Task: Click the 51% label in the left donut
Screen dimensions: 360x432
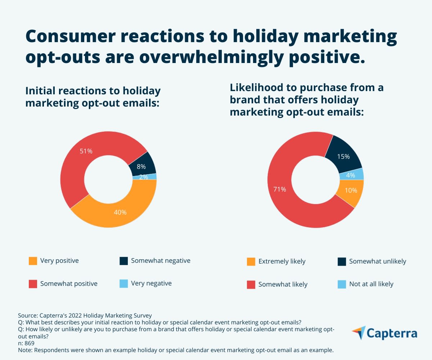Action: coord(86,151)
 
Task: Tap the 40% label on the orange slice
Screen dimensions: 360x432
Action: coord(120,212)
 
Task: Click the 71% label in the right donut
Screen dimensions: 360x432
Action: coord(280,189)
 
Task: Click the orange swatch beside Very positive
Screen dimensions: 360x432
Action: coord(33,261)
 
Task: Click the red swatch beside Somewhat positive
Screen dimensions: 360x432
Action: coord(33,284)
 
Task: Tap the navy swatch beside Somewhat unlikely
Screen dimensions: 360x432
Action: coord(342,261)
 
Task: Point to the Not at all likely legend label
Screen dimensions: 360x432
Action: coord(371,284)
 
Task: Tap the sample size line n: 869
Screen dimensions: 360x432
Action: coord(26,343)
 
